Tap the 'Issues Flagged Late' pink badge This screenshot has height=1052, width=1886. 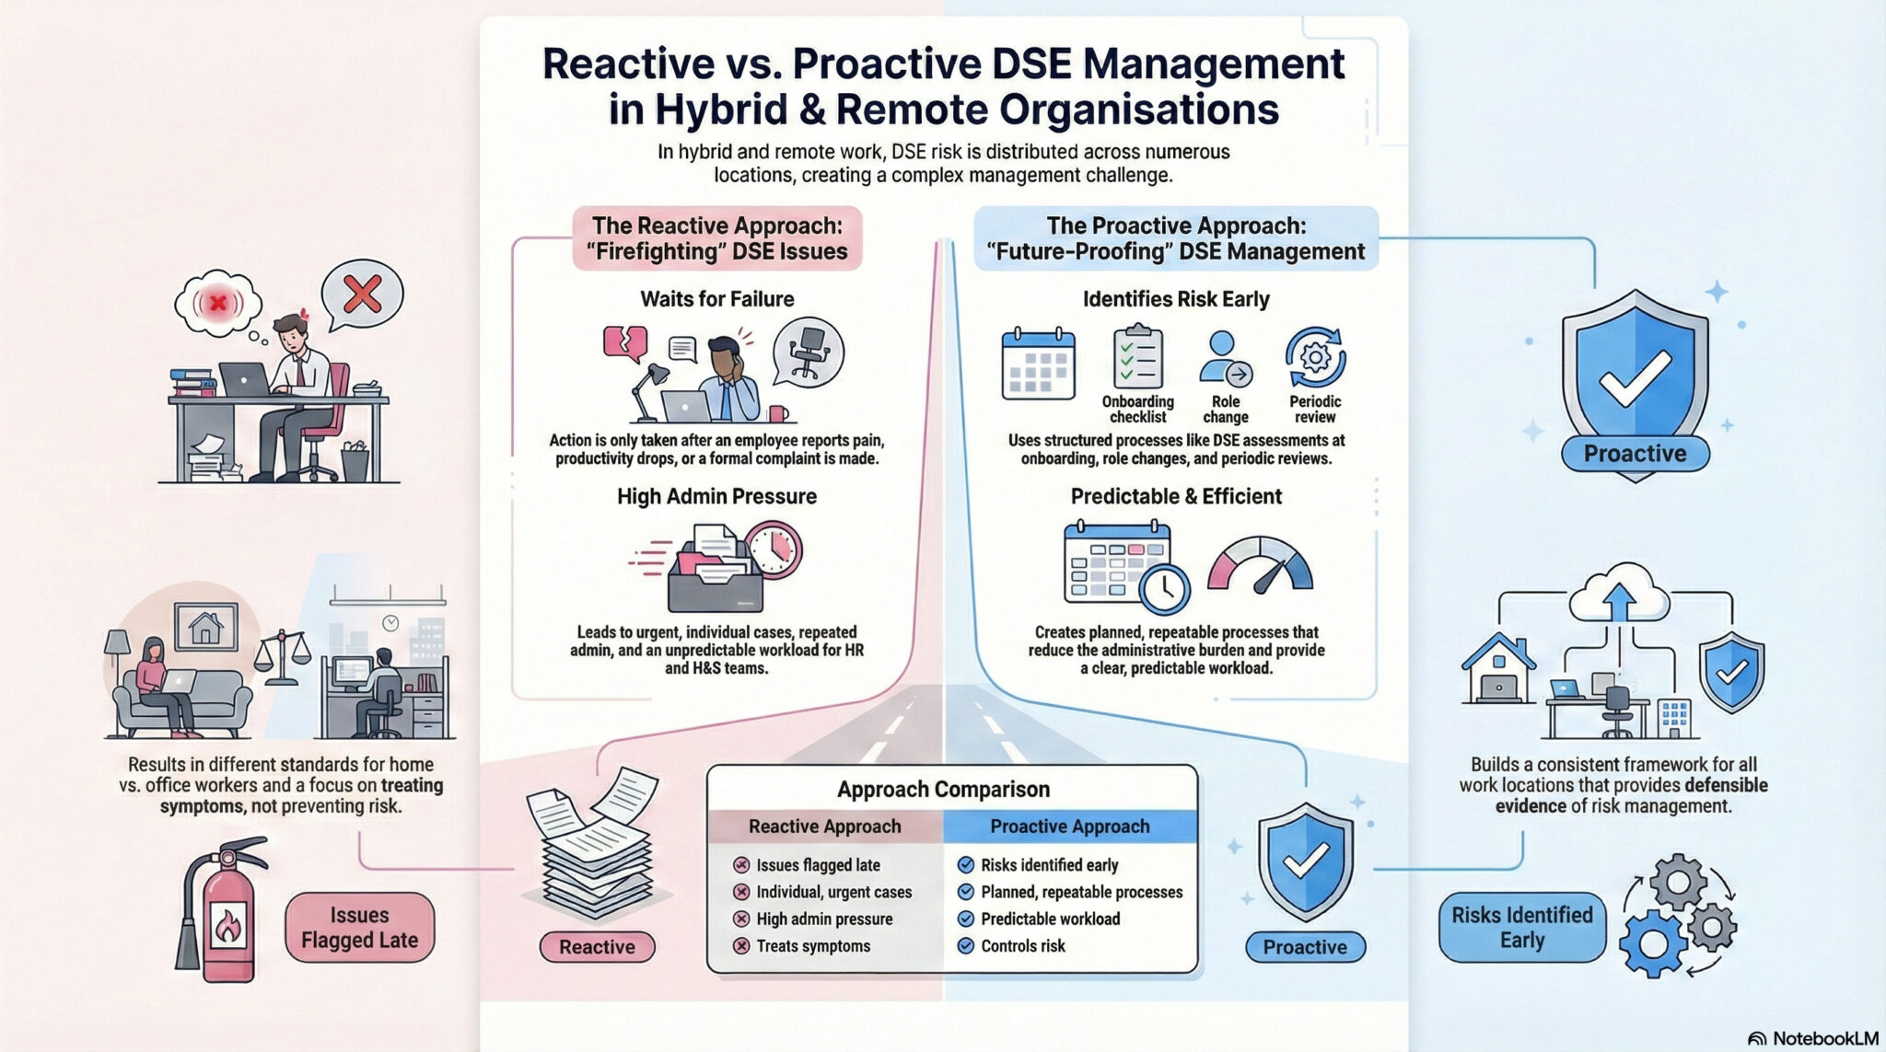pyautogui.click(x=359, y=928)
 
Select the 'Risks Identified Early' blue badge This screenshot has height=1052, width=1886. pyautogui.click(x=1521, y=928)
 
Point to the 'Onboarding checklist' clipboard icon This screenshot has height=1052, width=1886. pyautogui.click(x=1137, y=359)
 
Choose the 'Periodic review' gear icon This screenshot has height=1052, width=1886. pyautogui.click(x=1315, y=358)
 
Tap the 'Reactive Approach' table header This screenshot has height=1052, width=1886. pyautogui.click(x=824, y=827)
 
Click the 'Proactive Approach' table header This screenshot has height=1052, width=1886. pyautogui.click(x=1069, y=827)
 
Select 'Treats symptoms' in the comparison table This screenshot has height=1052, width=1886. pyautogui.click(x=812, y=946)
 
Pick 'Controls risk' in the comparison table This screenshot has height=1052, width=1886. pyautogui.click(x=1022, y=946)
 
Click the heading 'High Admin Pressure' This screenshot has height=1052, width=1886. pyautogui.click(x=716, y=497)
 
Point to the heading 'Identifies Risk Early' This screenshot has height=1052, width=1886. pyautogui.click(x=1176, y=299)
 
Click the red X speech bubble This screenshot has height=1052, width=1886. pyautogui.click(x=362, y=295)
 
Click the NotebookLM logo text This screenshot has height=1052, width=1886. pyautogui.click(x=1823, y=1038)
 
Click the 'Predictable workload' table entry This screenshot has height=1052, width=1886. pyautogui.click(x=1050, y=919)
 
